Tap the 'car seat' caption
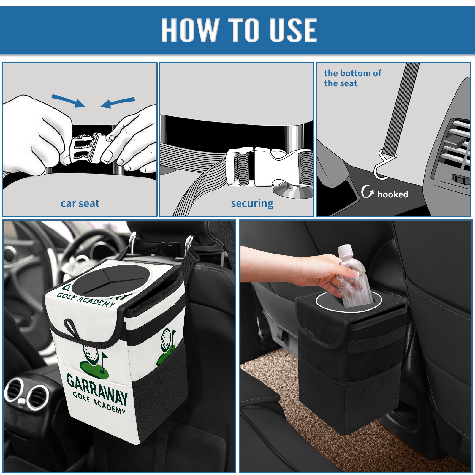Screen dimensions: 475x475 coord(80,203)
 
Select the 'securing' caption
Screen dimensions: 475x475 coord(252,204)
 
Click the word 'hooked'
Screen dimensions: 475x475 coord(393,194)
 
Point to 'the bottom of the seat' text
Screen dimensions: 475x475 coord(352,78)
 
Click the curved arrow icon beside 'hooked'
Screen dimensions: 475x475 coord(367,191)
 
